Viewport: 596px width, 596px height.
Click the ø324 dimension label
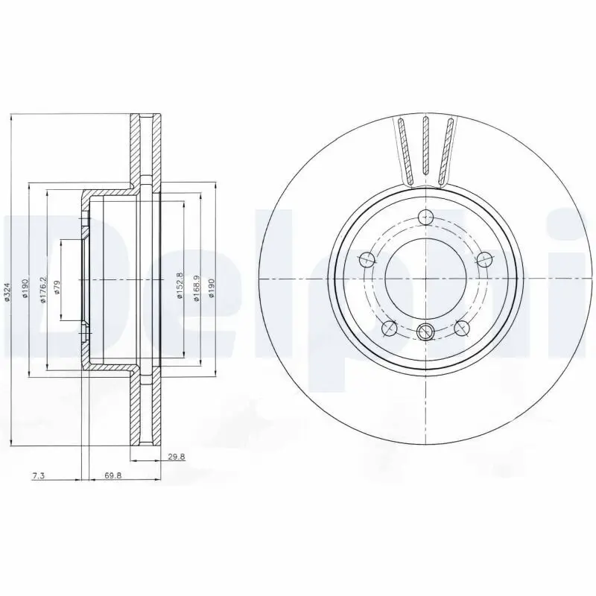(x=7, y=291)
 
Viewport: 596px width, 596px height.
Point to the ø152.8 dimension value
(x=179, y=285)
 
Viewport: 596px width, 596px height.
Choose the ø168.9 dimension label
(x=196, y=287)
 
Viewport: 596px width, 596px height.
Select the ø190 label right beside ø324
(x=25, y=289)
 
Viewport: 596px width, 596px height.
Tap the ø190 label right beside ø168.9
(x=212, y=288)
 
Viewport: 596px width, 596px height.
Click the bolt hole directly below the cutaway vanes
(x=425, y=218)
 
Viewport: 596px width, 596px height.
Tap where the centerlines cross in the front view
(x=425, y=278)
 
